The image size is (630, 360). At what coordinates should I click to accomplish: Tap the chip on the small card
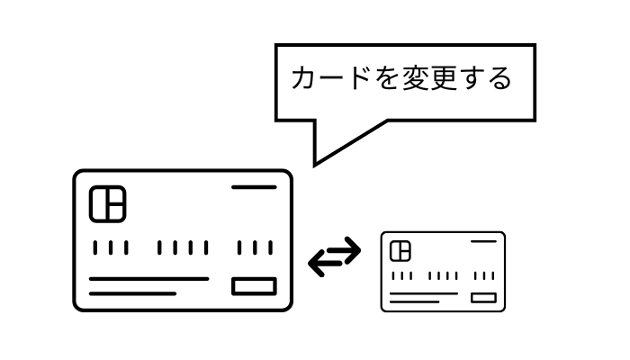(400, 251)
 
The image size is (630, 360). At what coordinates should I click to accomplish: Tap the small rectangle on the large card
(254, 286)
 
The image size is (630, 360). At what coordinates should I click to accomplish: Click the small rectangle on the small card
(483, 297)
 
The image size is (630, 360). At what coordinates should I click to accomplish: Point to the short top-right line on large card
(254, 187)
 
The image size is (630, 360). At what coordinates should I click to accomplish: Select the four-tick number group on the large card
(183, 247)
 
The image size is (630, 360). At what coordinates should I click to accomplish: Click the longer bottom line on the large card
(148, 279)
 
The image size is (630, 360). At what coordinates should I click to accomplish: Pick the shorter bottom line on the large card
(132, 293)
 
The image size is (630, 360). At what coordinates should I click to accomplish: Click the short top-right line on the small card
(483, 241)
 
